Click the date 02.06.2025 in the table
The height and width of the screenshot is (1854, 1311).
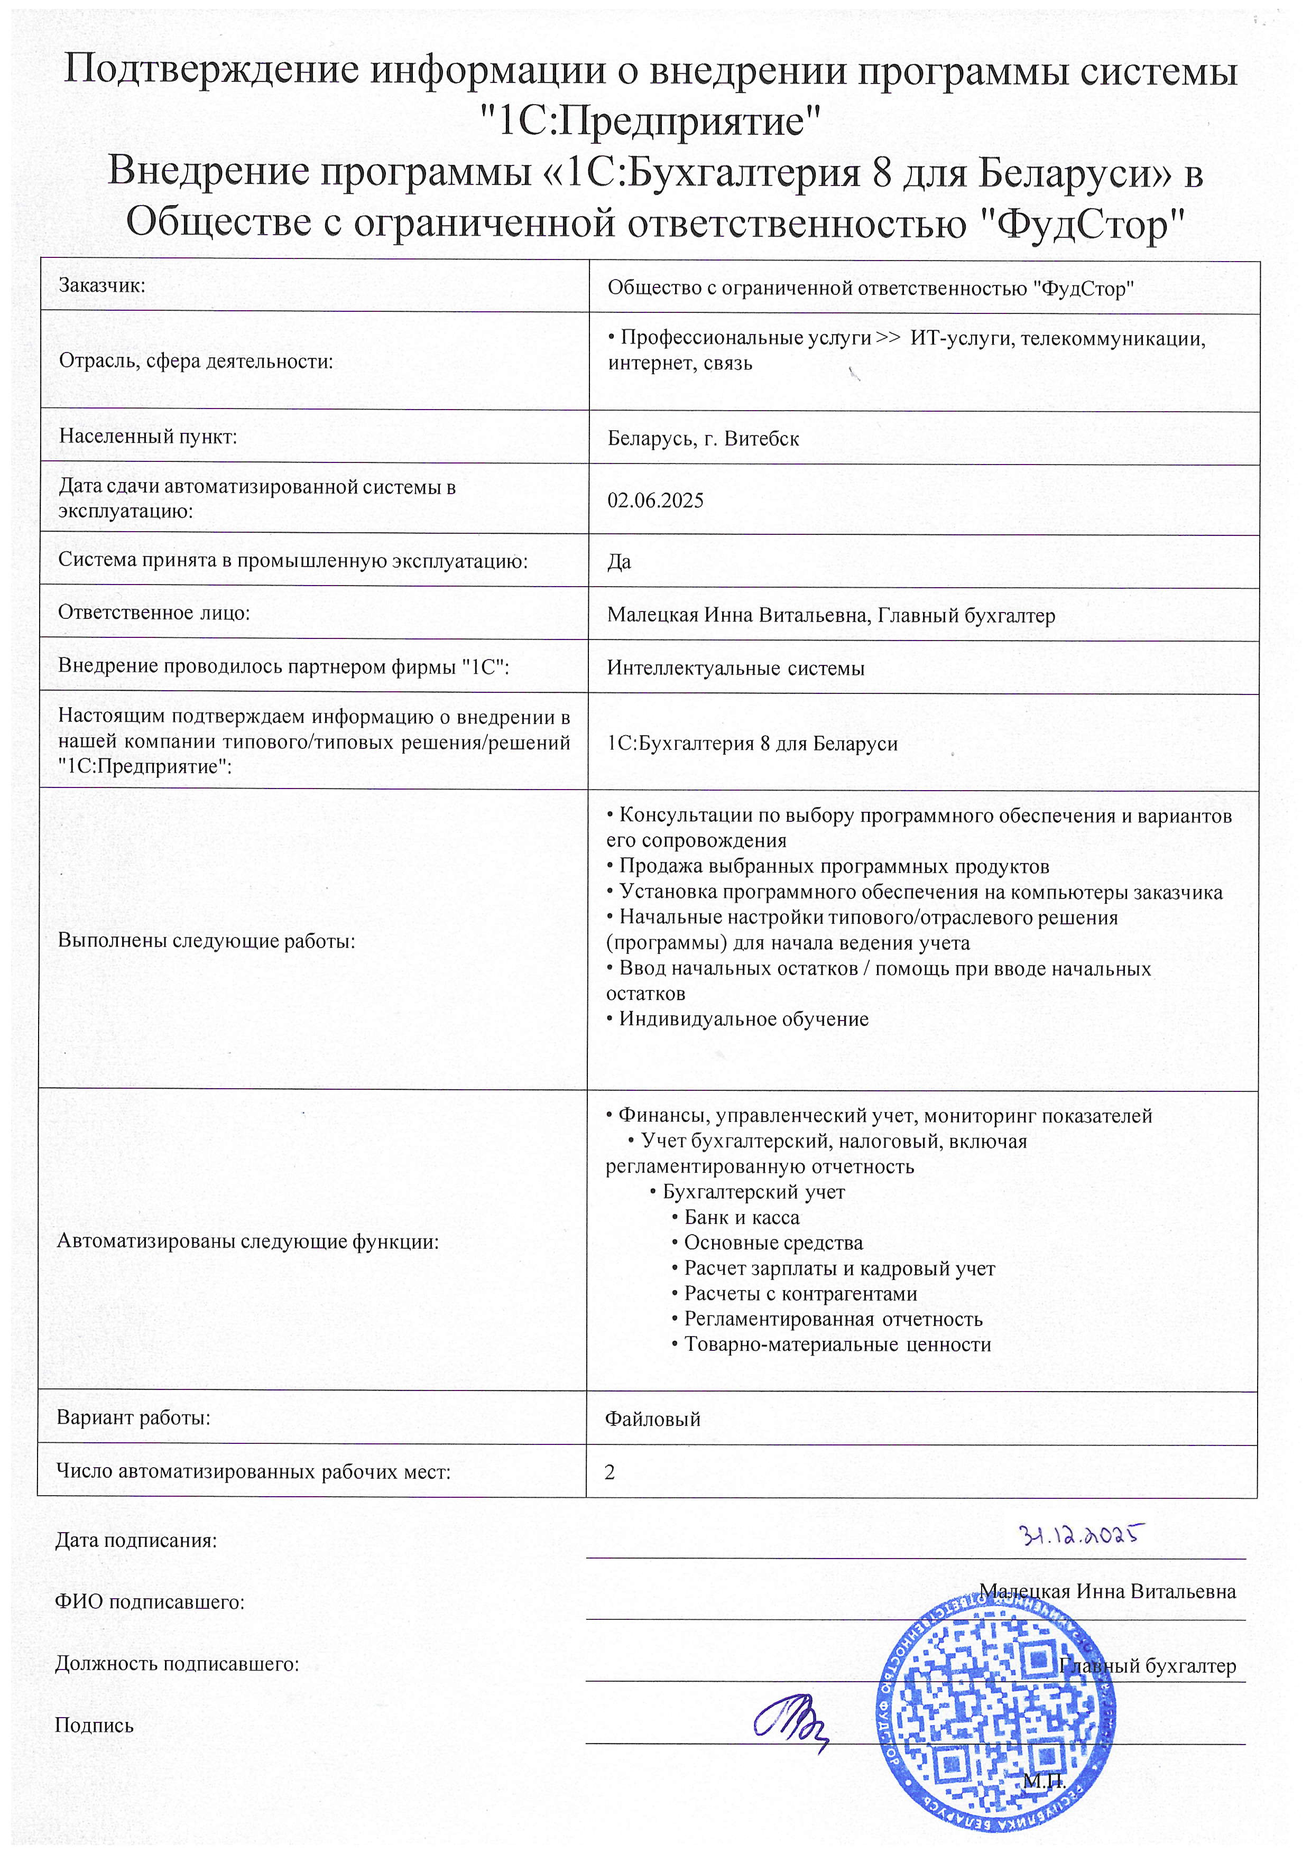point(655,500)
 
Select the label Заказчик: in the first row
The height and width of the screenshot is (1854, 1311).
point(102,285)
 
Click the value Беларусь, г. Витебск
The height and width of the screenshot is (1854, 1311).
point(703,439)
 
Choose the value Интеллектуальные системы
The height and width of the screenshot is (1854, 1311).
point(735,669)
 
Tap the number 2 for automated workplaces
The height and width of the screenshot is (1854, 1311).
point(610,1472)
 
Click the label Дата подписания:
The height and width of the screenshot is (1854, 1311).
point(136,1540)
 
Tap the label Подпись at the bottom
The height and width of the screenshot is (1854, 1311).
point(94,1726)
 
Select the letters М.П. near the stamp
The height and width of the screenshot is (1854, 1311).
point(1044,1781)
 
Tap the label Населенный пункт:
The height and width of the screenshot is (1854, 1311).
point(148,437)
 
